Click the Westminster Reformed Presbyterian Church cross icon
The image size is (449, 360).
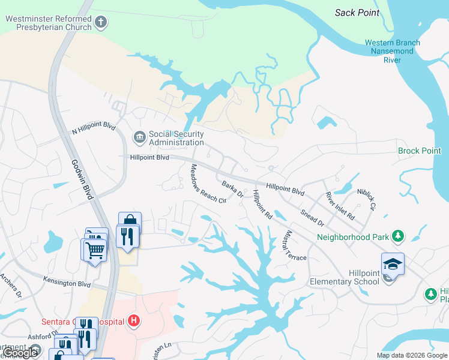click(101, 23)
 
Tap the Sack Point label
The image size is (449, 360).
click(358, 13)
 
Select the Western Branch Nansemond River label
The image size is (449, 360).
click(392, 51)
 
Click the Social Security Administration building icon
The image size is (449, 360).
click(139, 138)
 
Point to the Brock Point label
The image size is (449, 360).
click(419, 151)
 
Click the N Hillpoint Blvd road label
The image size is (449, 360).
click(93, 128)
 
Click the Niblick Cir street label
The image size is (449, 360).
click(366, 199)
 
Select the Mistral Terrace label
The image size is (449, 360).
click(297, 245)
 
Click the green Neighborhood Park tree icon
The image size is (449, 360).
click(397, 236)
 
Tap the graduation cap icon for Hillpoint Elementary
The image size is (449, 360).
click(393, 263)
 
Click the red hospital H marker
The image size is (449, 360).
click(134, 322)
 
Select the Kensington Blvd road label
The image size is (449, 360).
click(67, 281)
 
